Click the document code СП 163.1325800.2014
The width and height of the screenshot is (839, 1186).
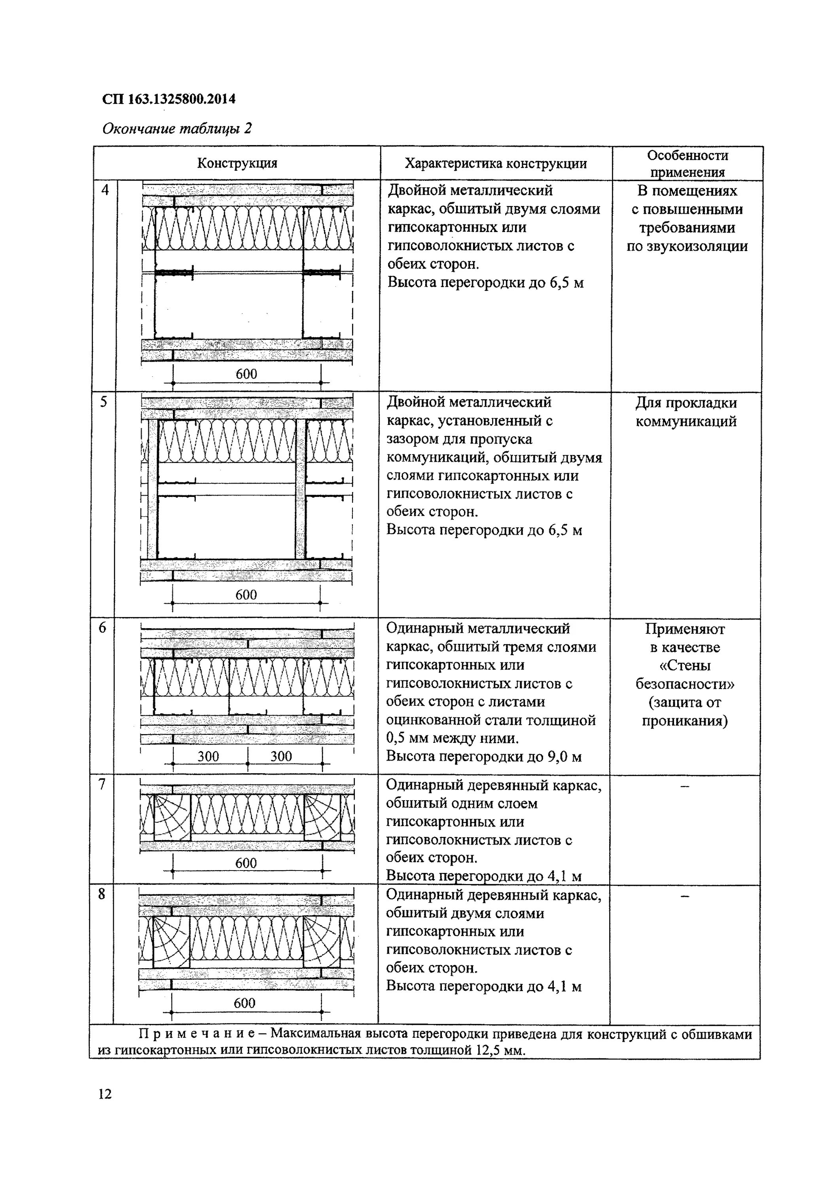[x=169, y=99]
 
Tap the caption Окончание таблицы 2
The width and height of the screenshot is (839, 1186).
[x=177, y=128]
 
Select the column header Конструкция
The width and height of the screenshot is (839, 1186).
[x=237, y=163]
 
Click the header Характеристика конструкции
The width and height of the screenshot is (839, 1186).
[x=495, y=164]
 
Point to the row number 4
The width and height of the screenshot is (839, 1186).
[x=105, y=190]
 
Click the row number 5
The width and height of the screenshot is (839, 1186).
[x=104, y=402]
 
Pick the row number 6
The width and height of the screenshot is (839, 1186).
[x=103, y=628]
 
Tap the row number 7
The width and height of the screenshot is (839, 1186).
[x=102, y=784]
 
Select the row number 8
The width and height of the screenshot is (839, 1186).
[x=102, y=893]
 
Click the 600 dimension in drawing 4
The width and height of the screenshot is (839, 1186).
[x=246, y=374]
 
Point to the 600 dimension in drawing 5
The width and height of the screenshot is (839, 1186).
[x=246, y=595]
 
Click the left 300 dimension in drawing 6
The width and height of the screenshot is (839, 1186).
[x=208, y=756]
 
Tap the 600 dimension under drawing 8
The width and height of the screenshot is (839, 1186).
[x=244, y=1003]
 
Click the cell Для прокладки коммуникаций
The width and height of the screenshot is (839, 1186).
[x=686, y=412]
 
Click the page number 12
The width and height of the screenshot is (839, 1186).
[x=104, y=1093]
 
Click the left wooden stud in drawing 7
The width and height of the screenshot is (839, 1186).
[x=172, y=817]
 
